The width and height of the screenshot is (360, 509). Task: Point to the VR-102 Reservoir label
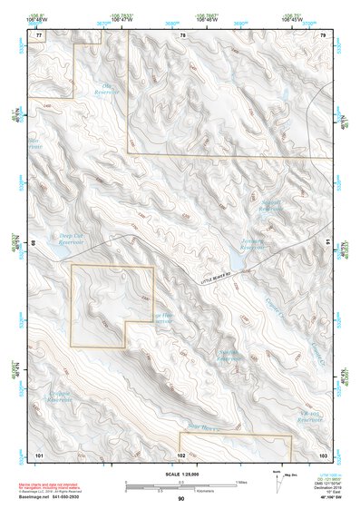(311, 419)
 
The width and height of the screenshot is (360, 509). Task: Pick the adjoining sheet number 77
(39, 34)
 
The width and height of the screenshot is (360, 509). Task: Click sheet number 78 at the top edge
(181, 34)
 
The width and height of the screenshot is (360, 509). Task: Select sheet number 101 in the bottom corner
(39, 453)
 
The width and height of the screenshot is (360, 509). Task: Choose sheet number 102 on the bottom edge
(181, 453)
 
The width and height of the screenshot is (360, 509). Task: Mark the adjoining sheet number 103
(323, 453)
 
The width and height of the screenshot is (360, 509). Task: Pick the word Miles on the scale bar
(239, 481)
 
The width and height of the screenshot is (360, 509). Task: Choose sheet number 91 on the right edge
(328, 243)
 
